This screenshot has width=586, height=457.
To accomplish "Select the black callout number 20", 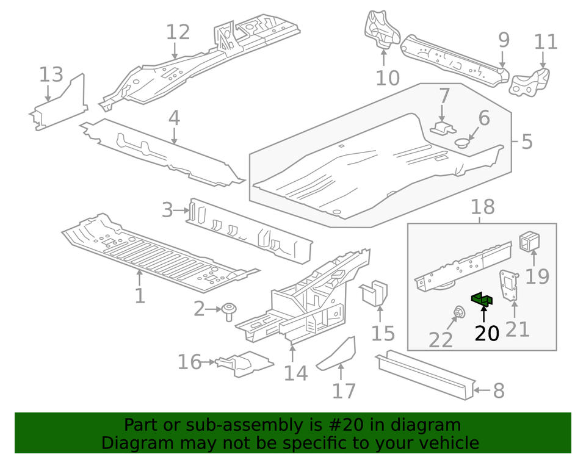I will (487, 333).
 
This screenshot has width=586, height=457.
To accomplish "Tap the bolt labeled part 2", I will (230, 312).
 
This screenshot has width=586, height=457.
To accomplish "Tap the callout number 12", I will (178, 32).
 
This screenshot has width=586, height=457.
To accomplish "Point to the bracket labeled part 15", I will (377, 292).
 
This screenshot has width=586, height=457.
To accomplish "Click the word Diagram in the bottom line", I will (128, 443).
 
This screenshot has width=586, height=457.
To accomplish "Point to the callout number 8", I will (499, 390).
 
